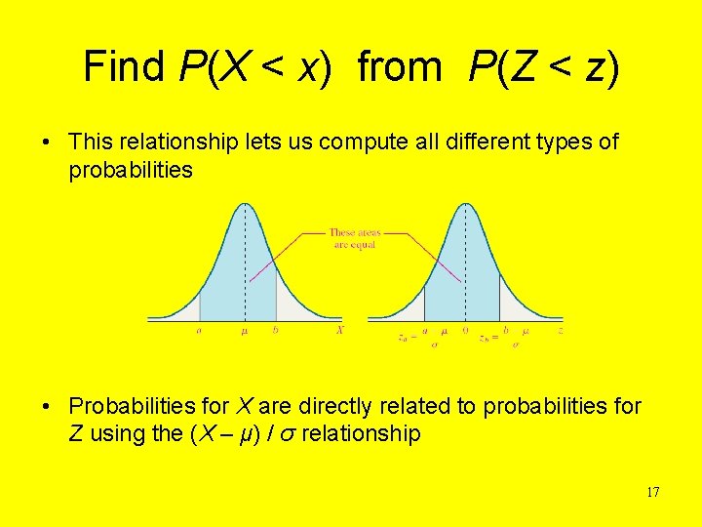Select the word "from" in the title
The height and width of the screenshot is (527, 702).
(x=400, y=66)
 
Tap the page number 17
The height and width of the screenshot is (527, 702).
(x=652, y=492)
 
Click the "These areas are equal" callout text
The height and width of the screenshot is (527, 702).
(x=354, y=238)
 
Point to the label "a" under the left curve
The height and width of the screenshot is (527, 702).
(x=199, y=330)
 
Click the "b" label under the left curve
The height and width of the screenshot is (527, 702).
(x=276, y=330)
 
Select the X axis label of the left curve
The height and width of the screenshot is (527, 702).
(x=339, y=330)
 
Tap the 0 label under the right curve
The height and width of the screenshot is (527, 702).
(x=465, y=331)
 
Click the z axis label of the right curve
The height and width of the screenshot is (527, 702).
(x=560, y=331)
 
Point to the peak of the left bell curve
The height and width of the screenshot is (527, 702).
(x=244, y=204)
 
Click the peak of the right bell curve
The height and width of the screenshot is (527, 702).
(x=465, y=204)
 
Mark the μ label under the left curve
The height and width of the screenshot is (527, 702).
(x=244, y=331)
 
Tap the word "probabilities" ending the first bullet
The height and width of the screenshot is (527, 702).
(x=131, y=171)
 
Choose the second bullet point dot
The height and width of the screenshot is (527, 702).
(x=47, y=406)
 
